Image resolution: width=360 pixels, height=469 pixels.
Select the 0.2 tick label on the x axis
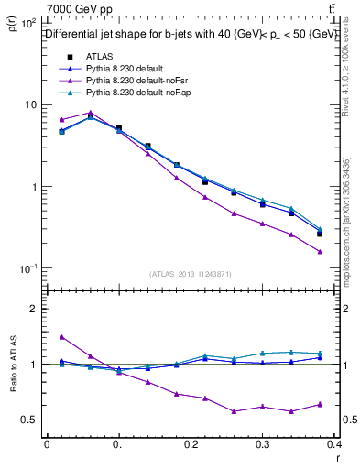191,449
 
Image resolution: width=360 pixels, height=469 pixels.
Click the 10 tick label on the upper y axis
27,104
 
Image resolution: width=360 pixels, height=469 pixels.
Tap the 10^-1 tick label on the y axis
27,268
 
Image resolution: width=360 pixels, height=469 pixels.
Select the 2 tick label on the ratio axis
32,309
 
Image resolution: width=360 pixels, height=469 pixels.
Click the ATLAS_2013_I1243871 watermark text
190,274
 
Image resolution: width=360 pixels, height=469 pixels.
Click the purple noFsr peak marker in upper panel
91,113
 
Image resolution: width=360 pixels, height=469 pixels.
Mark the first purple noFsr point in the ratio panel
61,337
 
